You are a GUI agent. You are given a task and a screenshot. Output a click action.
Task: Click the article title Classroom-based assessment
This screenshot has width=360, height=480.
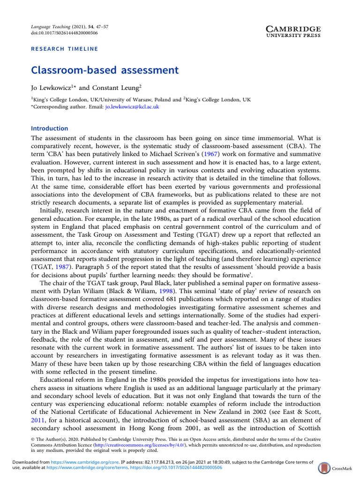pyautogui.click(x=105, y=70)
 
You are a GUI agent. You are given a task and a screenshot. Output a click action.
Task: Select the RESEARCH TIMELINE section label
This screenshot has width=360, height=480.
pyautogui.click(x=64, y=49)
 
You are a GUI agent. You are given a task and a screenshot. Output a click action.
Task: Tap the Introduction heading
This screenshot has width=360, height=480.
pyautogui.click(x=49, y=128)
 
